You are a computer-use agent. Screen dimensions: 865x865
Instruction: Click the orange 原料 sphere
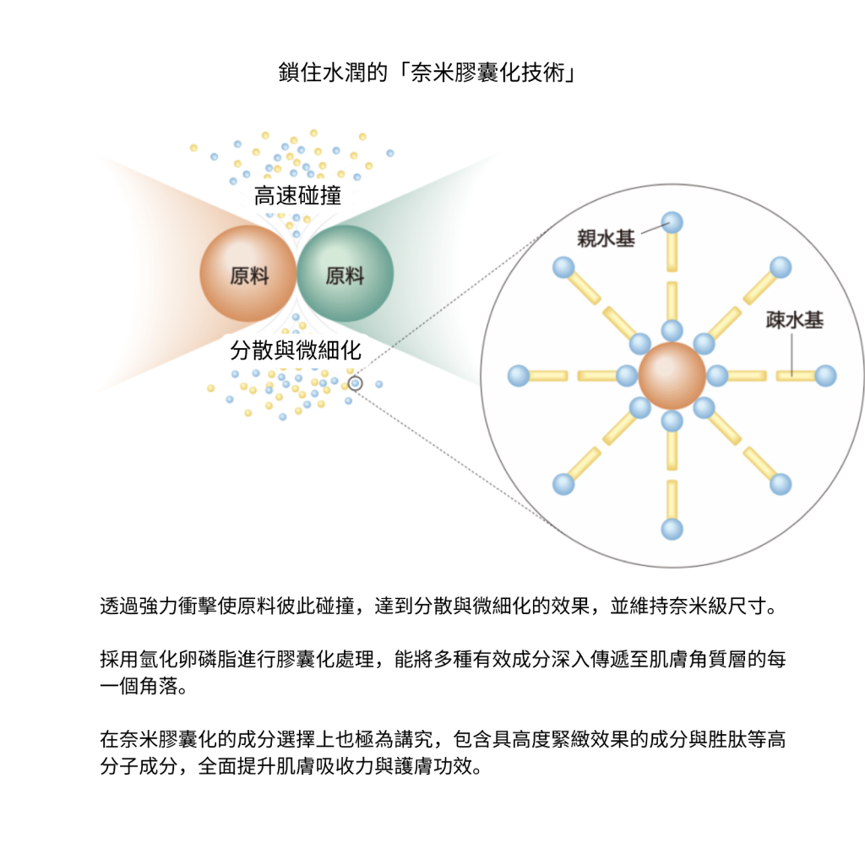[x=248, y=274]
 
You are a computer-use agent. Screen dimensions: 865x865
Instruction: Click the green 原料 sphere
[x=345, y=274]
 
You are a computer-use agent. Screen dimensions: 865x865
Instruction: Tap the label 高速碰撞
[x=298, y=197]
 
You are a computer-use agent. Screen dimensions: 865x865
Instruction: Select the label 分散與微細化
[x=296, y=349]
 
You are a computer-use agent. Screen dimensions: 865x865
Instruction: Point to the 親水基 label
[x=607, y=238]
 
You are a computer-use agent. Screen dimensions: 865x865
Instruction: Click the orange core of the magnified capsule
[x=672, y=376]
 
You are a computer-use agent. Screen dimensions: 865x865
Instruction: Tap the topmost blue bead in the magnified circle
[x=672, y=223]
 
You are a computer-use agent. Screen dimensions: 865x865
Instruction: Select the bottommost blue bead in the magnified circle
[x=672, y=530]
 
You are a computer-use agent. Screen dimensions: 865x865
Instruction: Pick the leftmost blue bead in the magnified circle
[x=519, y=376]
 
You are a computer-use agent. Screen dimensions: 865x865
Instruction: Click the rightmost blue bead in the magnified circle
[x=825, y=376]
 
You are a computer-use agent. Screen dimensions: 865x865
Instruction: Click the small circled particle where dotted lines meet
[x=356, y=384]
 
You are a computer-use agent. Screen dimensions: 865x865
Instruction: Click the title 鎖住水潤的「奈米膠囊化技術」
[x=427, y=73]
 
